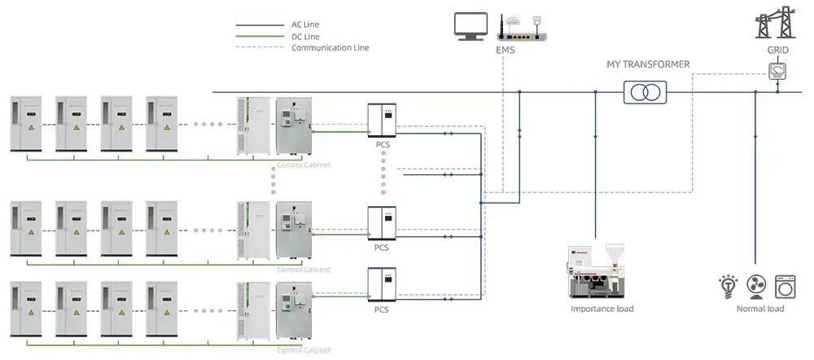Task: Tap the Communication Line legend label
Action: pyautogui.click(x=330, y=47)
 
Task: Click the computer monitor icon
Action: pyautogui.click(x=471, y=26)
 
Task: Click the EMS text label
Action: pyautogui.click(x=505, y=50)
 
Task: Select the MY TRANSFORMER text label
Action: pyautogui.click(x=648, y=64)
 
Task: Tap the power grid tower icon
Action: pyautogui.click(x=776, y=21)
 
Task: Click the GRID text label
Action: pyautogui.click(x=777, y=50)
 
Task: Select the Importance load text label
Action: pyautogui.click(x=602, y=309)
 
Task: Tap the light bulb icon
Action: pyautogui.click(x=727, y=287)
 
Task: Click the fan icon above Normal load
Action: pyautogui.click(x=756, y=288)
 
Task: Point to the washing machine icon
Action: pyautogui.click(x=785, y=287)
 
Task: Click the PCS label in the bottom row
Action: pyautogui.click(x=382, y=310)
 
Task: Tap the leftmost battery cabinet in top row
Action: pyautogui.click(x=25, y=124)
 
